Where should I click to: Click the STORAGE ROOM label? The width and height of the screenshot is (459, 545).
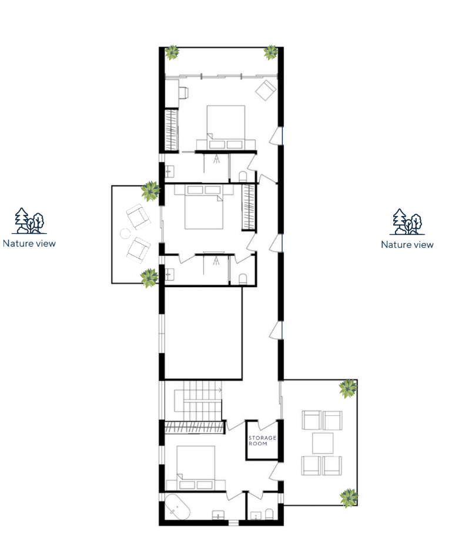coord(262,440)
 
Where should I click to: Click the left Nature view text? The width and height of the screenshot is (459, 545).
coord(29,243)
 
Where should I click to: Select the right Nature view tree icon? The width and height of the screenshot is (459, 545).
coord(407,222)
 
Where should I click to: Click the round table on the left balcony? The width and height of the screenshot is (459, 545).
coord(125,234)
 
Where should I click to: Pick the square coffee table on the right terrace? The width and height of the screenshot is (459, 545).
coord(323,443)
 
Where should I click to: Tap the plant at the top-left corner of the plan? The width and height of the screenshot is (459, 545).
coord(172,52)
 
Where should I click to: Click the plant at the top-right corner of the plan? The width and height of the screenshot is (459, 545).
coord(270,52)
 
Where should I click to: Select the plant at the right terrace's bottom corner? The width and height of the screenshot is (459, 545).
coord(349,498)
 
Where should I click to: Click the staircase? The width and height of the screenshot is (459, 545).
coord(197,401)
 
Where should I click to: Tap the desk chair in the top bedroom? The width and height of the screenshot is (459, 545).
coord(184,93)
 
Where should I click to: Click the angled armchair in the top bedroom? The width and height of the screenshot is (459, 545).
coord(266,90)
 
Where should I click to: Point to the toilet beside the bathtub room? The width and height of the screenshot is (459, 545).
coord(269,514)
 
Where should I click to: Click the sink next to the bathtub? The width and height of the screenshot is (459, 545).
coord(218,515)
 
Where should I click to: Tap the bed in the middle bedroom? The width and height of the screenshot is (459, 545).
coord(204,207)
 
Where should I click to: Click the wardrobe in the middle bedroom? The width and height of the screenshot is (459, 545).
coord(249,207)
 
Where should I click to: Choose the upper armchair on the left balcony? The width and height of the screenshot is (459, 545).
coord(138,217)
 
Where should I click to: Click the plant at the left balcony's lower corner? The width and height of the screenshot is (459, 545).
coord(149,278)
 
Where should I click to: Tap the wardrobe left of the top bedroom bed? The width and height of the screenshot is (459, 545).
coord(171,130)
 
